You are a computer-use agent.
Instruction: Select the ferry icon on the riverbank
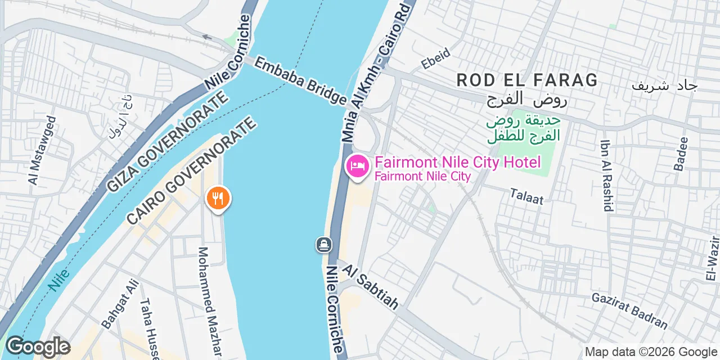pyautogui.click(x=324, y=245)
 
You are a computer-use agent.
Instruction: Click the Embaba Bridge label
pyautogui.click(x=299, y=80)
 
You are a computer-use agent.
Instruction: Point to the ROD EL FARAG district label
pyautogui.click(x=527, y=80)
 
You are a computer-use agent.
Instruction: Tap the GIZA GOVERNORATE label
pyautogui.click(x=168, y=141)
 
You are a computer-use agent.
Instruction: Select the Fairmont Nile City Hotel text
pyautogui.click(x=457, y=163)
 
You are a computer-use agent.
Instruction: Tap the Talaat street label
pyautogui.click(x=528, y=195)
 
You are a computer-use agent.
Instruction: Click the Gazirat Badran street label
pyautogui.click(x=629, y=310)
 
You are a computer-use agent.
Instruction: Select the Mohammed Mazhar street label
pyautogui.click(x=209, y=301)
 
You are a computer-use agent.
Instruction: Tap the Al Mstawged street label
pyautogui.click(x=42, y=150)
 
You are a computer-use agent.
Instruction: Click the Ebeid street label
pyautogui.click(x=436, y=58)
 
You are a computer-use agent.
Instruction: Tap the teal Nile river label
pyautogui.click(x=58, y=279)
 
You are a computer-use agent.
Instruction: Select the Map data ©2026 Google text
pyautogui.click(x=650, y=352)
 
